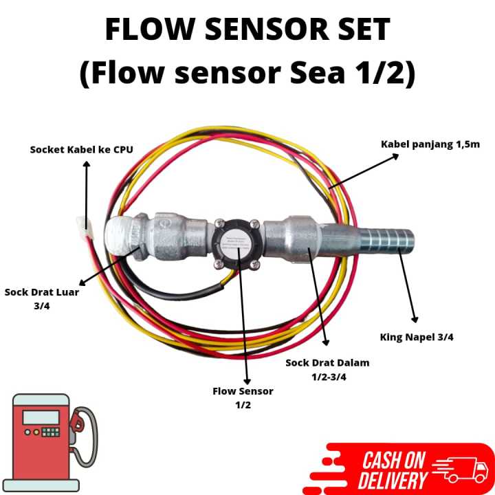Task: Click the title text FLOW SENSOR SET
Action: click(247, 30)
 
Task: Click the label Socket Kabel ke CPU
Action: click(81, 149)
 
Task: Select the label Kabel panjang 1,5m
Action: click(430, 144)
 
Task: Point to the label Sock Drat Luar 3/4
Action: click(42, 298)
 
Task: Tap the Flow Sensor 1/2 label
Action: click(243, 397)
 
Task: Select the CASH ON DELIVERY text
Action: click(395, 470)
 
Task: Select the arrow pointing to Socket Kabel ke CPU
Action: click(86, 192)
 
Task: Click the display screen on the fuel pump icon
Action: click(41, 417)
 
